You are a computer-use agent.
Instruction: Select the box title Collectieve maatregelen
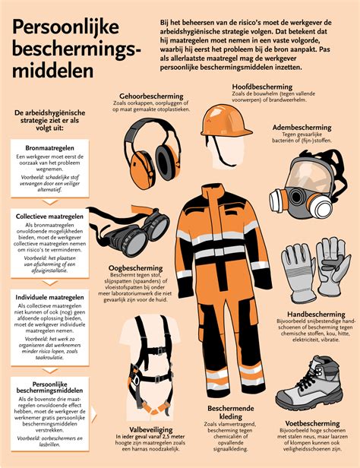tap(54, 217)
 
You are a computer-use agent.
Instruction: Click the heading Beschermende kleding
tap(221, 413)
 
